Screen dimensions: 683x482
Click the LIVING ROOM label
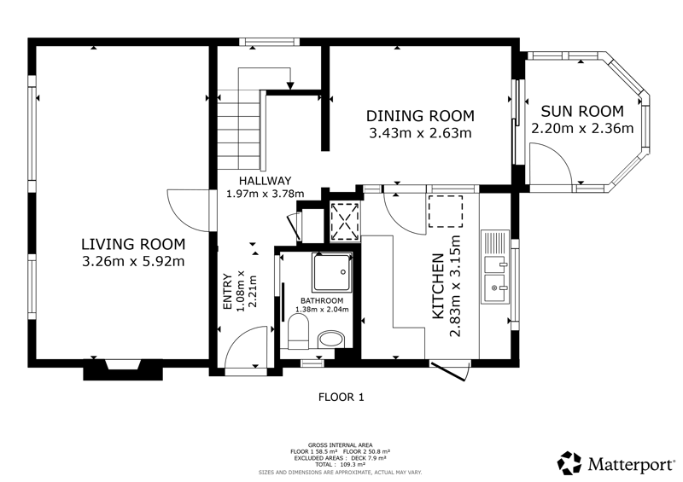click(x=133, y=244)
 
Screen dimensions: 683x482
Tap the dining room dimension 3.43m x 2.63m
click(x=420, y=133)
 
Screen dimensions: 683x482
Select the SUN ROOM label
click(x=582, y=112)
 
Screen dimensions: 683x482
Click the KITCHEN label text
click(x=438, y=286)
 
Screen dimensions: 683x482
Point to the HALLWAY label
click(x=265, y=181)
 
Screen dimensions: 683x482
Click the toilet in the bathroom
click(x=298, y=332)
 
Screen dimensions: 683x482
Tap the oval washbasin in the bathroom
click(x=331, y=340)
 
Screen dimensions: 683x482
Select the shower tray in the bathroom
click(x=332, y=273)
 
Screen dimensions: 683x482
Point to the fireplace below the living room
click(x=123, y=369)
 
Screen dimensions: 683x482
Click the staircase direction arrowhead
click(x=290, y=86)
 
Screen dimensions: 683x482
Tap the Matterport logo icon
click(x=569, y=463)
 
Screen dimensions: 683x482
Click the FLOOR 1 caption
click(x=341, y=397)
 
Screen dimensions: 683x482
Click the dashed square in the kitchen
click(x=446, y=212)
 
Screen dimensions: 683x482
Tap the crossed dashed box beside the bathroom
click(x=346, y=221)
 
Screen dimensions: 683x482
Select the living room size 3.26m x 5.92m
click(x=133, y=261)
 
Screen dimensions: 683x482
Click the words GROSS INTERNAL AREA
click(x=340, y=445)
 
